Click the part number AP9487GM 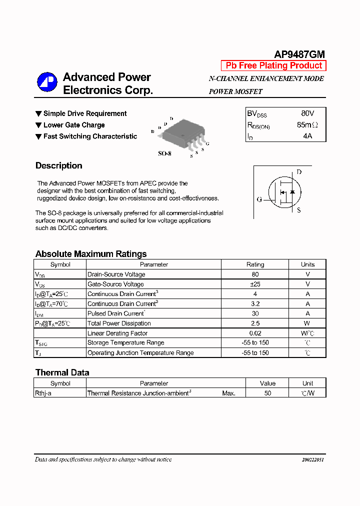pos(299,54)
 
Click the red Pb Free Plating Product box pos(273,65)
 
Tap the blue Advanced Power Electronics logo pos(47,82)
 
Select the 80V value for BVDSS pos(307,113)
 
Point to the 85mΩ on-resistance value pos(307,125)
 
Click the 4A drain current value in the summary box pos(307,136)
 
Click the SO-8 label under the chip pos(164,153)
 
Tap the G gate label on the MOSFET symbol pos(259,199)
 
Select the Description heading pos(59,165)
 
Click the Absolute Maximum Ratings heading pos(91,254)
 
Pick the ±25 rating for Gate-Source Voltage pos(255,284)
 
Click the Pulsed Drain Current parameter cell pos(116,313)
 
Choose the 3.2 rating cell pos(255,303)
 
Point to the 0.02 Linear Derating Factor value pos(255,333)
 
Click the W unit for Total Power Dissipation pos(307,323)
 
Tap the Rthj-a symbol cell pos(43,393)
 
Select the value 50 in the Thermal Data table pos(267,393)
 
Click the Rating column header pos(255,264)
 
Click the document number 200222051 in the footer pos(312,459)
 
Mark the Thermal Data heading pos(62,372)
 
